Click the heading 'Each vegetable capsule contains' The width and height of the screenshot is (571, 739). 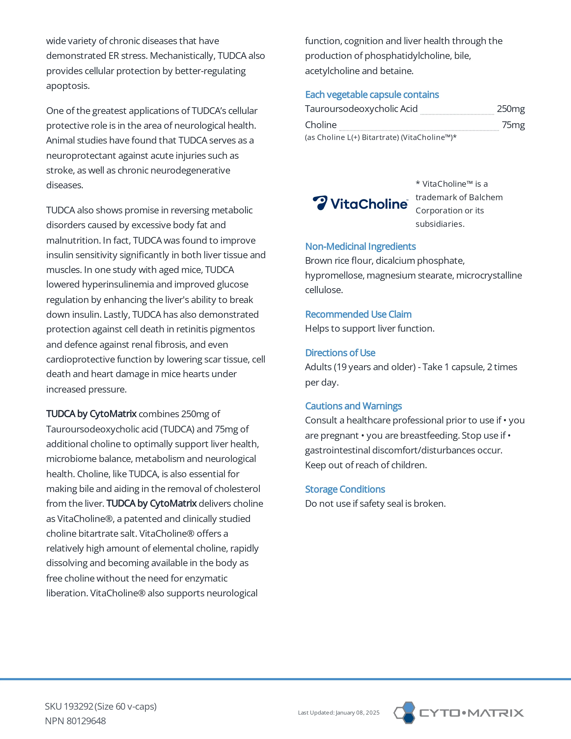coord(372,95)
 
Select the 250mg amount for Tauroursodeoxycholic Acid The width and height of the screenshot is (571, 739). coord(511,109)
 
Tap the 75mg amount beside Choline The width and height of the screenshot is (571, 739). coord(513,125)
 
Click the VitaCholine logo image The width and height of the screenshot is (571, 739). coord(360,203)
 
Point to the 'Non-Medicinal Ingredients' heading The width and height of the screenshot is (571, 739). coord(360,247)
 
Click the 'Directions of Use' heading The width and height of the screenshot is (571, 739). coord(340,353)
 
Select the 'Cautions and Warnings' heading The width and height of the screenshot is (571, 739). coord(353,406)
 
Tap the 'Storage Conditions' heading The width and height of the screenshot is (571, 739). coord(345,489)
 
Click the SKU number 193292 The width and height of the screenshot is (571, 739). coord(78,707)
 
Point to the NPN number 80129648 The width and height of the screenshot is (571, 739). coord(86,721)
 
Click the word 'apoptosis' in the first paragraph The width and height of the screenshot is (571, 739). coord(67,86)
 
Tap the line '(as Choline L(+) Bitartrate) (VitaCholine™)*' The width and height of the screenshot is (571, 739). coord(380,137)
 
